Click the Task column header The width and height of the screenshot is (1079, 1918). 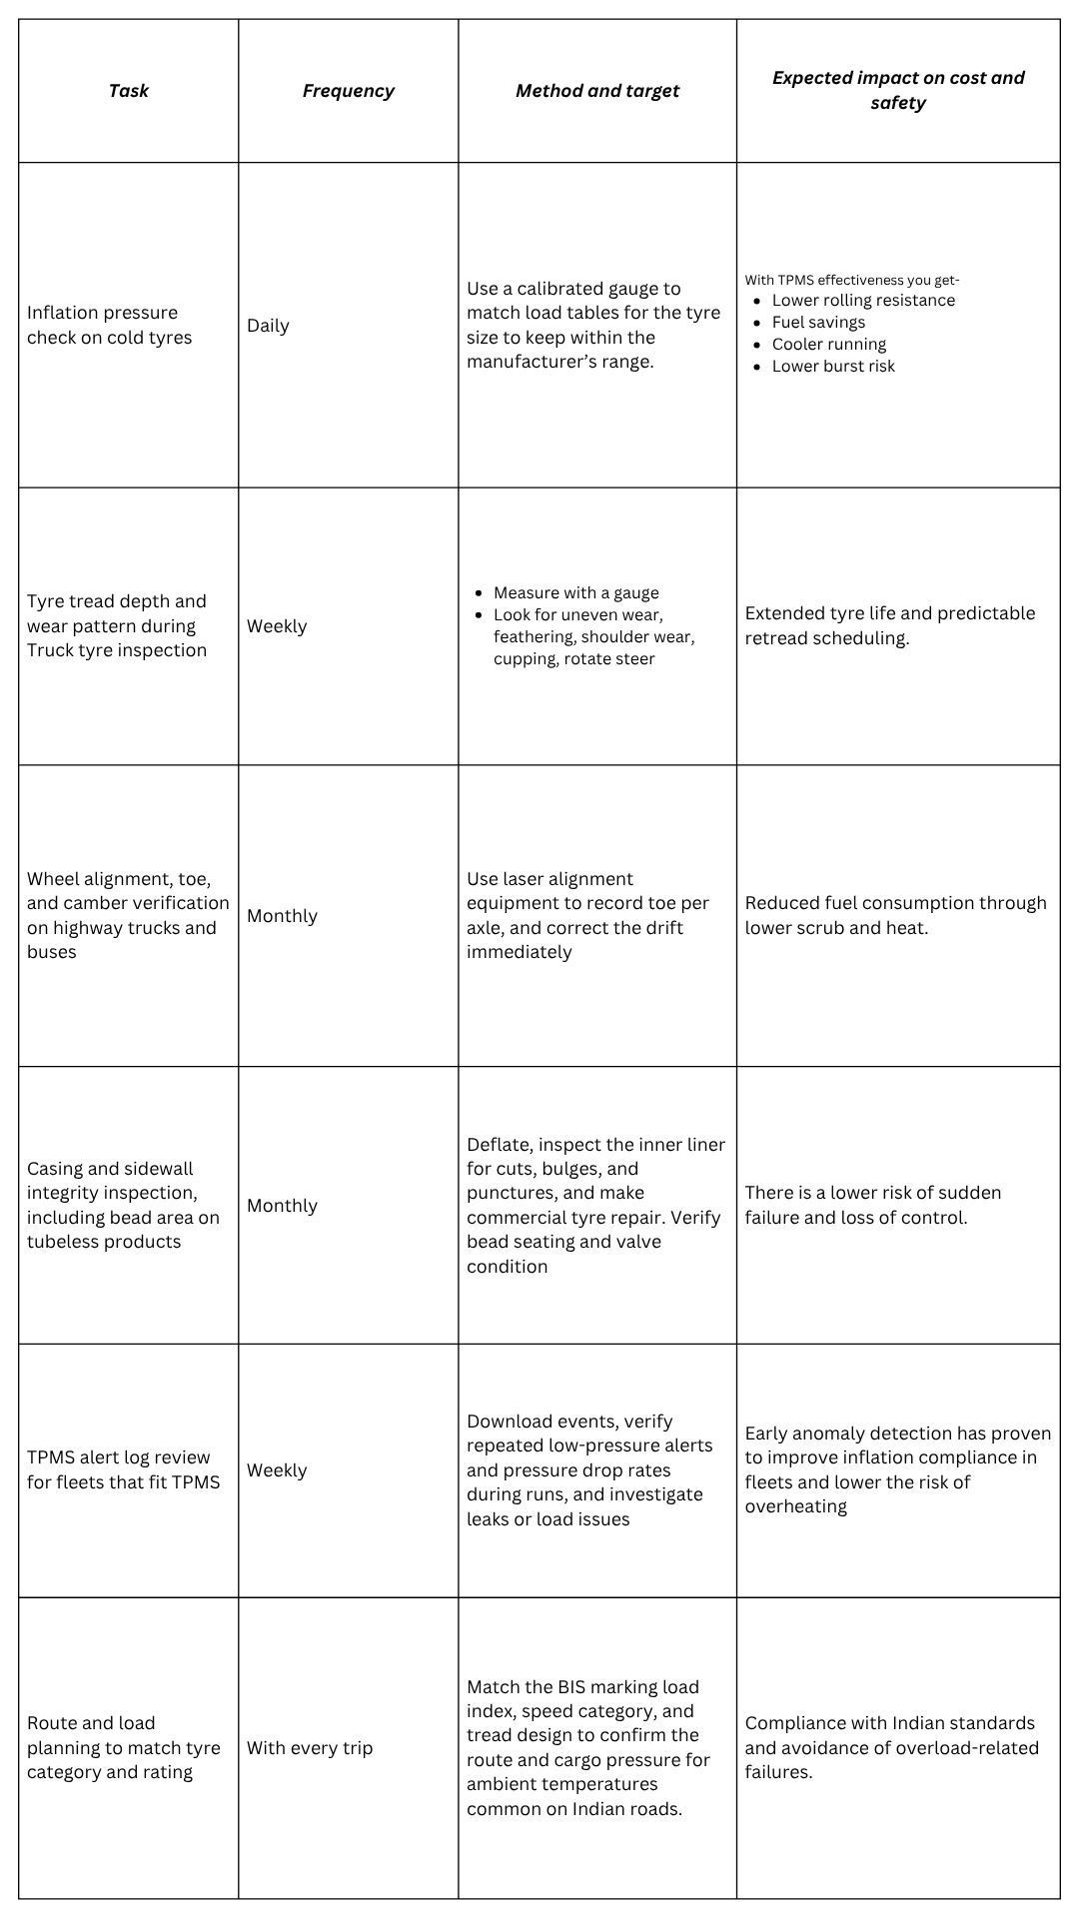coord(128,91)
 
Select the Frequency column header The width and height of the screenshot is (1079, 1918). coord(348,91)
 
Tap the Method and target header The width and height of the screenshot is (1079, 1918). coord(596,91)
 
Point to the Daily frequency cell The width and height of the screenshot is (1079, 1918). coord(268,326)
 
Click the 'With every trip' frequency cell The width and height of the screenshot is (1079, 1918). coord(310,1747)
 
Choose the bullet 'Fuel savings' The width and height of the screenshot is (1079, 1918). coord(818,322)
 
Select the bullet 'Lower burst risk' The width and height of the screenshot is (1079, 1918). coord(833,366)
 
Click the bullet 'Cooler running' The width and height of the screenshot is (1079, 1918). coord(828,344)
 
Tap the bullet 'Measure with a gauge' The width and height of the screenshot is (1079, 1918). coord(575,592)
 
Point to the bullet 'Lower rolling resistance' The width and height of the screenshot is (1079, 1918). coord(863,300)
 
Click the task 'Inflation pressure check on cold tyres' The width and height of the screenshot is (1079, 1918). coord(109,326)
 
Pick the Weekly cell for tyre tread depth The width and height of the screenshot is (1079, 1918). coord(277,626)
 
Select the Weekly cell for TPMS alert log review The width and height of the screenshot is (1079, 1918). coord(277,1470)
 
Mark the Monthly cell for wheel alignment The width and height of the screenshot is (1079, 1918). coord(282,916)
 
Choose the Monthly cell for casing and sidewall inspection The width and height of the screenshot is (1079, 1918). coord(282,1206)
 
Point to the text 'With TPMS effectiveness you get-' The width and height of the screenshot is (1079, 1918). coord(852,280)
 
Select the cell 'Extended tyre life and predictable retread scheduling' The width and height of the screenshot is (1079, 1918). coord(889,625)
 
